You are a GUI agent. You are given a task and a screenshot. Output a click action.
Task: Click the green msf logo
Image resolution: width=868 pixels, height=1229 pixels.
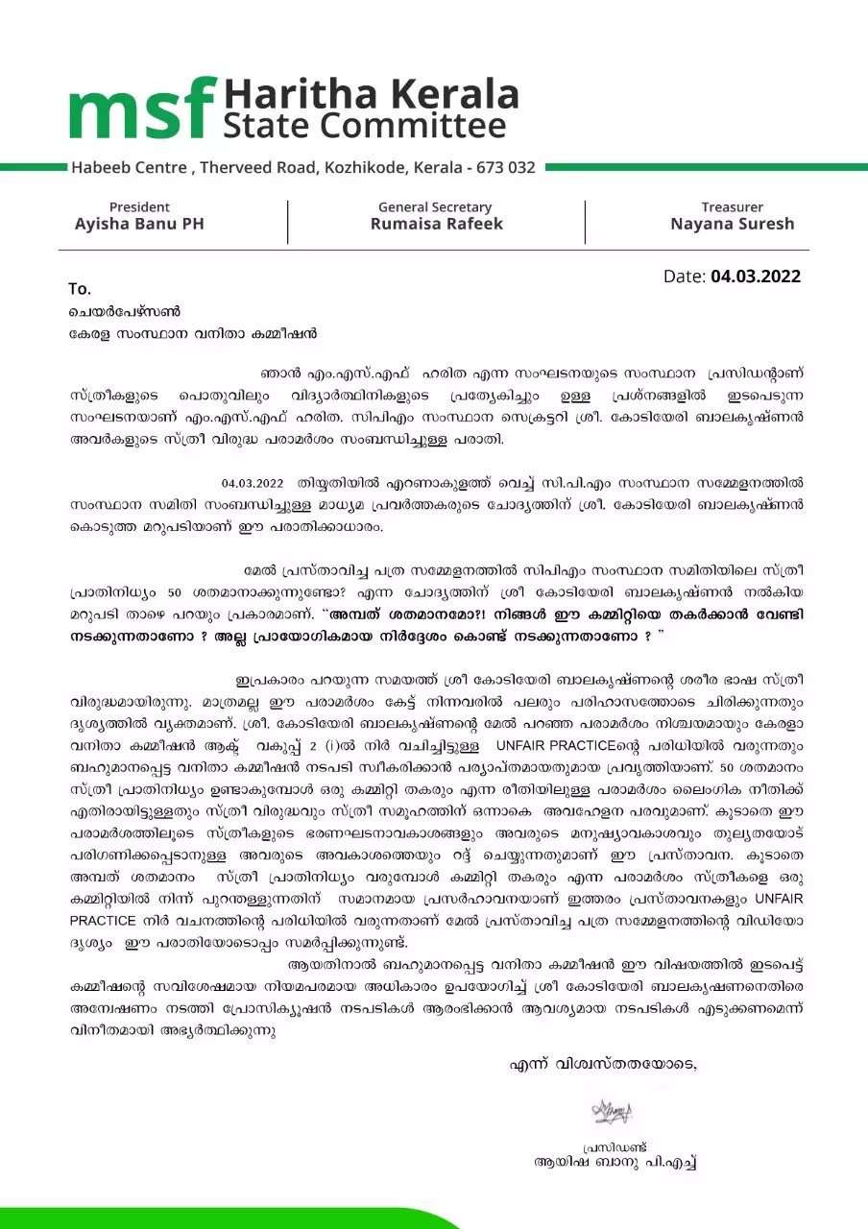tap(141, 108)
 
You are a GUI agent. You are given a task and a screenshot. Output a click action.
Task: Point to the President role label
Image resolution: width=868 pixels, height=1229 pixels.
tap(139, 206)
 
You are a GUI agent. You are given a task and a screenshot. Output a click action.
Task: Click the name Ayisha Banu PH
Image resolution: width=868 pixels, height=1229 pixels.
tap(139, 224)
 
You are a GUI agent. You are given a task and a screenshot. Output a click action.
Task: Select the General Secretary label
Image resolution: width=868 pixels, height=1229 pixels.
tap(435, 206)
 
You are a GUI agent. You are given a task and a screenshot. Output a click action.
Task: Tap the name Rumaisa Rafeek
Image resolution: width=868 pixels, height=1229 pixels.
tap(436, 224)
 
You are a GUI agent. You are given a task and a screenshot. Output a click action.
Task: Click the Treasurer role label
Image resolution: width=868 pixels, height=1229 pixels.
tap(732, 206)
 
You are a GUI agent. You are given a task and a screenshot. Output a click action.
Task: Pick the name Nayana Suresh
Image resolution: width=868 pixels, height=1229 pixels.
tap(732, 224)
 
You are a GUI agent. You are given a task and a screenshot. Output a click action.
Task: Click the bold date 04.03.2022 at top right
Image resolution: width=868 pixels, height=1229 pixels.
tap(756, 277)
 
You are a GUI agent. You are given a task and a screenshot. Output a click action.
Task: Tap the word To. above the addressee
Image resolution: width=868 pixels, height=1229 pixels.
tap(79, 289)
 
